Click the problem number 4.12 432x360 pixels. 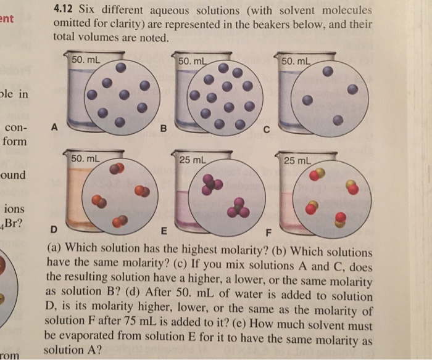[x=64, y=10]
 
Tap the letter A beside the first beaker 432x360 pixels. [x=55, y=129]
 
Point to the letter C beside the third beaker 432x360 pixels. [x=267, y=129]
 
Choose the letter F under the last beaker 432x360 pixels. [x=267, y=232]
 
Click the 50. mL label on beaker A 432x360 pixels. [x=86, y=60]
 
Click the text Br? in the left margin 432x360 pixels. [x=14, y=222]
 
